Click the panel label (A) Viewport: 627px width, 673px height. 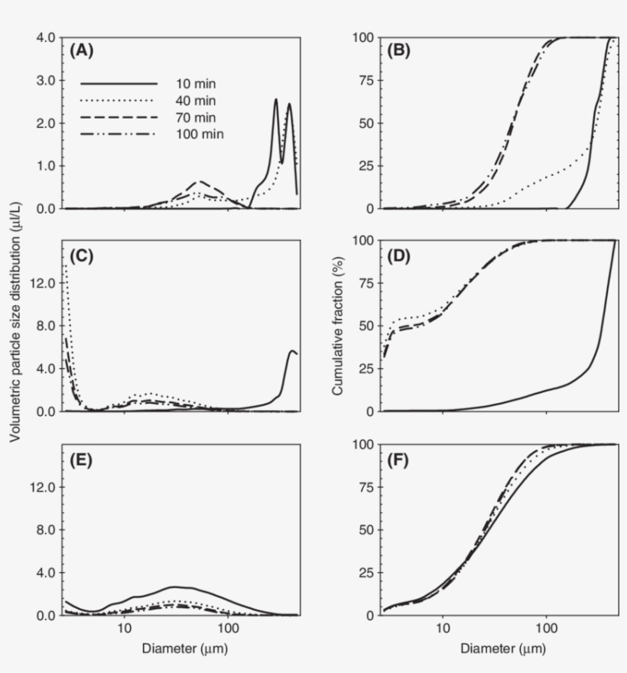(81, 51)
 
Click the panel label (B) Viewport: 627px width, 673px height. (400, 51)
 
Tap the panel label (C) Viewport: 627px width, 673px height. (81, 255)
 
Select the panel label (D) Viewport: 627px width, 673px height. (400, 255)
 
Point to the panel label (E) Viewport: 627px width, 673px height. (81, 460)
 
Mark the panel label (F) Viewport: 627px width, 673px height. (400, 460)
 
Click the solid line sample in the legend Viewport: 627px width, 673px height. (119, 83)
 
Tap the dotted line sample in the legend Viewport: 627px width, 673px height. (119, 100)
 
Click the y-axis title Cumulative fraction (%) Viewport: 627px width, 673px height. (337, 325)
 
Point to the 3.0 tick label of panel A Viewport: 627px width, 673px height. (46, 80)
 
